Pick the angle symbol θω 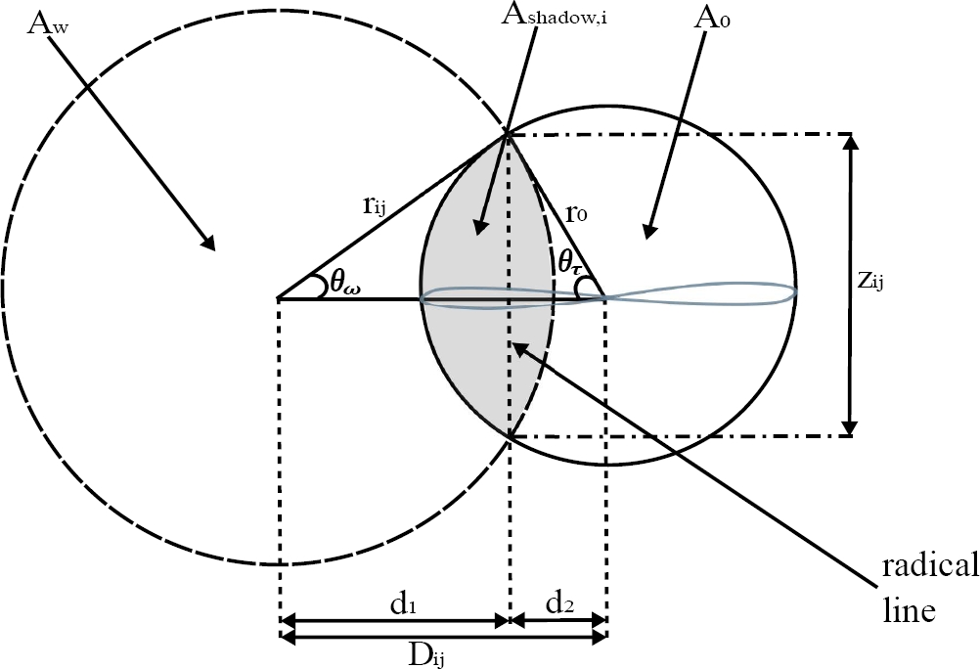coord(342,282)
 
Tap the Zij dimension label coord(886,282)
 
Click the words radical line coord(927,587)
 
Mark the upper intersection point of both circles coord(508,134)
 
